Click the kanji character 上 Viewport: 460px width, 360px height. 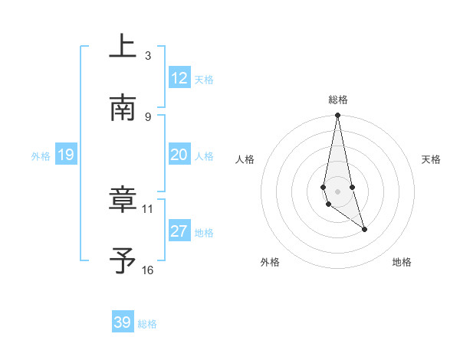click(123, 47)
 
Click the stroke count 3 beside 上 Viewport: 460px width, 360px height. click(148, 55)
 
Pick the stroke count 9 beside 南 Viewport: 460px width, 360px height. click(148, 116)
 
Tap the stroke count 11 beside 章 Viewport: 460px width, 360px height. click(148, 208)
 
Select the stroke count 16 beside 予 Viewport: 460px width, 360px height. click(148, 270)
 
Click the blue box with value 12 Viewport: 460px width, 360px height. click(179, 78)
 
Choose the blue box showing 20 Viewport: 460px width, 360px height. click(179, 155)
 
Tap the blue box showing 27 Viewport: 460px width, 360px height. click(179, 231)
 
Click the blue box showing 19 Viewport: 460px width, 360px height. click(66, 155)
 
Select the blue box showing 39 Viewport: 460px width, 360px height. click(123, 322)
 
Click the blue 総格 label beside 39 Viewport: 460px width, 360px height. click(147, 324)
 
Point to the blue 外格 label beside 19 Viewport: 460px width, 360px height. click(41, 156)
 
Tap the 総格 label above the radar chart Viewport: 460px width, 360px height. click(338, 100)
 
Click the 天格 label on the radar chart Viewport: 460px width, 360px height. click(432, 159)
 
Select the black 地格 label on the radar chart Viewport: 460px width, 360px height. click(402, 263)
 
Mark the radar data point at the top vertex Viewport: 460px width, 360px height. click(337, 116)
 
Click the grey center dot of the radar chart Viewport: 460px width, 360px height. click(337, 191)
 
